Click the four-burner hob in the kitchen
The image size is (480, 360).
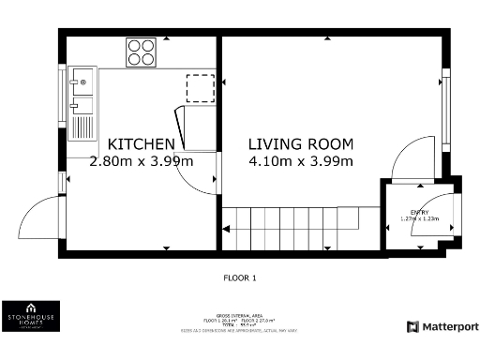141,52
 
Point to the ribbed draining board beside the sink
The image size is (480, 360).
82,119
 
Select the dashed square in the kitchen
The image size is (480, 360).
199,86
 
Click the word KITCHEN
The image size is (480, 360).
141,144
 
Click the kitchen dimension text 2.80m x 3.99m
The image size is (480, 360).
141,161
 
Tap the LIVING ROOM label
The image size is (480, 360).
300,144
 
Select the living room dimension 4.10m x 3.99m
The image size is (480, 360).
300,161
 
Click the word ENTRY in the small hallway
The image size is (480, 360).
418,212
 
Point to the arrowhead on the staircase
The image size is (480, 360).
226,227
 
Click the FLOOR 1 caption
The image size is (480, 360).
239,277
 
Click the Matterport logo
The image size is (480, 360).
442,326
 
